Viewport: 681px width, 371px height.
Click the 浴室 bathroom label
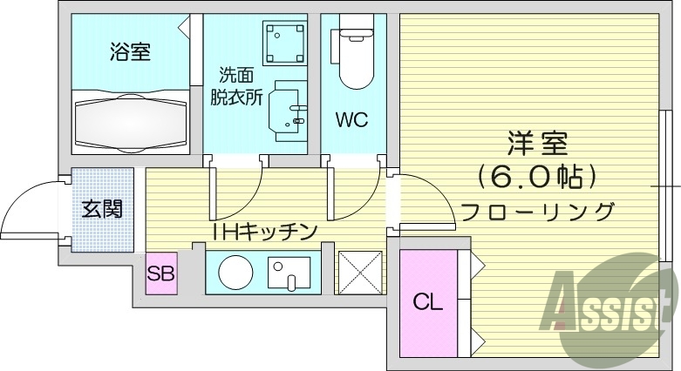click(130, 52)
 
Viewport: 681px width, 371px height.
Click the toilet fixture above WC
click(354, 57)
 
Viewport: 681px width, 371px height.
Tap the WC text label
click(353, 119)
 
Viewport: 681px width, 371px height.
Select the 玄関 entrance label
click(102, 209)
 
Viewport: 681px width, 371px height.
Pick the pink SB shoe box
click(161, 273)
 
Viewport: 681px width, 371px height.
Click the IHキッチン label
click(264, 231)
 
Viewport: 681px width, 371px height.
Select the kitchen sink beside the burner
click(289, 273)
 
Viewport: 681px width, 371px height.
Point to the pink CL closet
click(428, 302)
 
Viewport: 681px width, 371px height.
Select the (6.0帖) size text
click(538, 177)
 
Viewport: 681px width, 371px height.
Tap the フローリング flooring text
click(538, 212)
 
